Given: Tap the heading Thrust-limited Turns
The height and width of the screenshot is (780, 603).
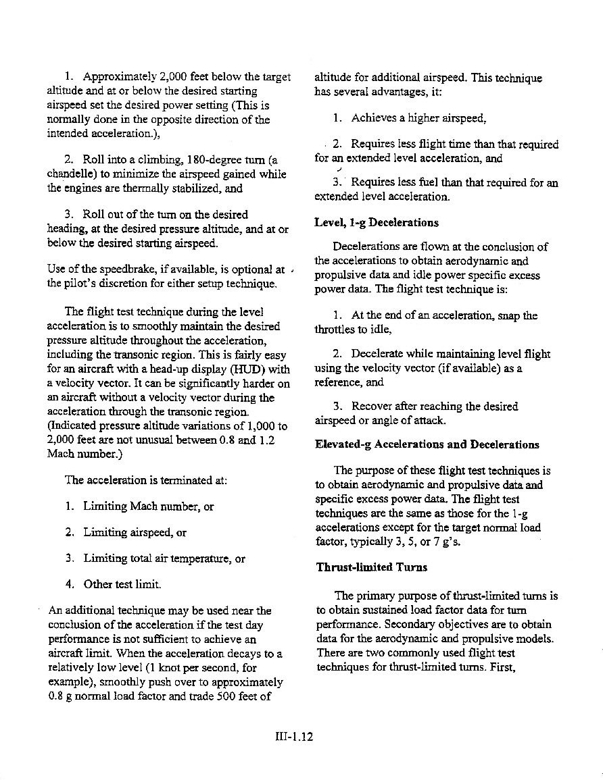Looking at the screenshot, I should click(371, 567).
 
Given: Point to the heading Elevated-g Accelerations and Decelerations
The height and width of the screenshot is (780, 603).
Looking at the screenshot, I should click(427, 444).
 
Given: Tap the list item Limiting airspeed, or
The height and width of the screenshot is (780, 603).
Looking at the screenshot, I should click(135, 532).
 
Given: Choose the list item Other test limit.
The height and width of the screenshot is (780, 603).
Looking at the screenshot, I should click(122, 583).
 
